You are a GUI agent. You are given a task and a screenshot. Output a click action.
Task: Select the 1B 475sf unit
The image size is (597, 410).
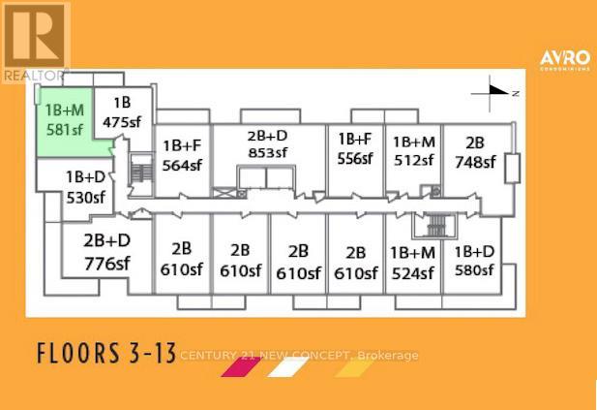point(123,112)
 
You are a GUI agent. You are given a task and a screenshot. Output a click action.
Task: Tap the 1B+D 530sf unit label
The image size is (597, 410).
point(86,187)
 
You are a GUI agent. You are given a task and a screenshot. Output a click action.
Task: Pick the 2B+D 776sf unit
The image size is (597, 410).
point(107,252)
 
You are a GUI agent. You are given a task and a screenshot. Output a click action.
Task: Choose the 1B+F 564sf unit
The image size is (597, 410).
point(183,160)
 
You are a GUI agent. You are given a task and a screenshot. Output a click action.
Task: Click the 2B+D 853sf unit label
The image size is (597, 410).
point(268,144)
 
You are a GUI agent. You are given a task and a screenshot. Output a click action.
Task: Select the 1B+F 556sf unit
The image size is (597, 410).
point(355,160)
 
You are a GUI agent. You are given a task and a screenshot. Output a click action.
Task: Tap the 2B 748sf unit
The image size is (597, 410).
point(476,160)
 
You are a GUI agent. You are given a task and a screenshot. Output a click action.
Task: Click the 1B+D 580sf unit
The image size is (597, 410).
point(474,261)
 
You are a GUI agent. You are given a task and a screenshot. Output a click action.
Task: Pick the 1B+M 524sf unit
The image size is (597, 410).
point(413,263)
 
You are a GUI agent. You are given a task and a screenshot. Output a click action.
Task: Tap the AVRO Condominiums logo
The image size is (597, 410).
point(565,60)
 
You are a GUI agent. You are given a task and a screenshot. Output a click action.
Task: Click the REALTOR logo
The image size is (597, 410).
point(36,42)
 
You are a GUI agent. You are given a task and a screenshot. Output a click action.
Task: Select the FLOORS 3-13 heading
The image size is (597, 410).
point(106,353)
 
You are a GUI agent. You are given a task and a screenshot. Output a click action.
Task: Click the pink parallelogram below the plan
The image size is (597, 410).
point(241,367)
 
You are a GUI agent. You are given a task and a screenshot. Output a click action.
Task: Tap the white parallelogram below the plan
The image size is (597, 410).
point(287,367)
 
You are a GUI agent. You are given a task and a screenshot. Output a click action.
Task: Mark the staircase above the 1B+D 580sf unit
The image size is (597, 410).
point(434,226)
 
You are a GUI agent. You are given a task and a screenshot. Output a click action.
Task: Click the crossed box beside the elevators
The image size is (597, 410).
point(223,193)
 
